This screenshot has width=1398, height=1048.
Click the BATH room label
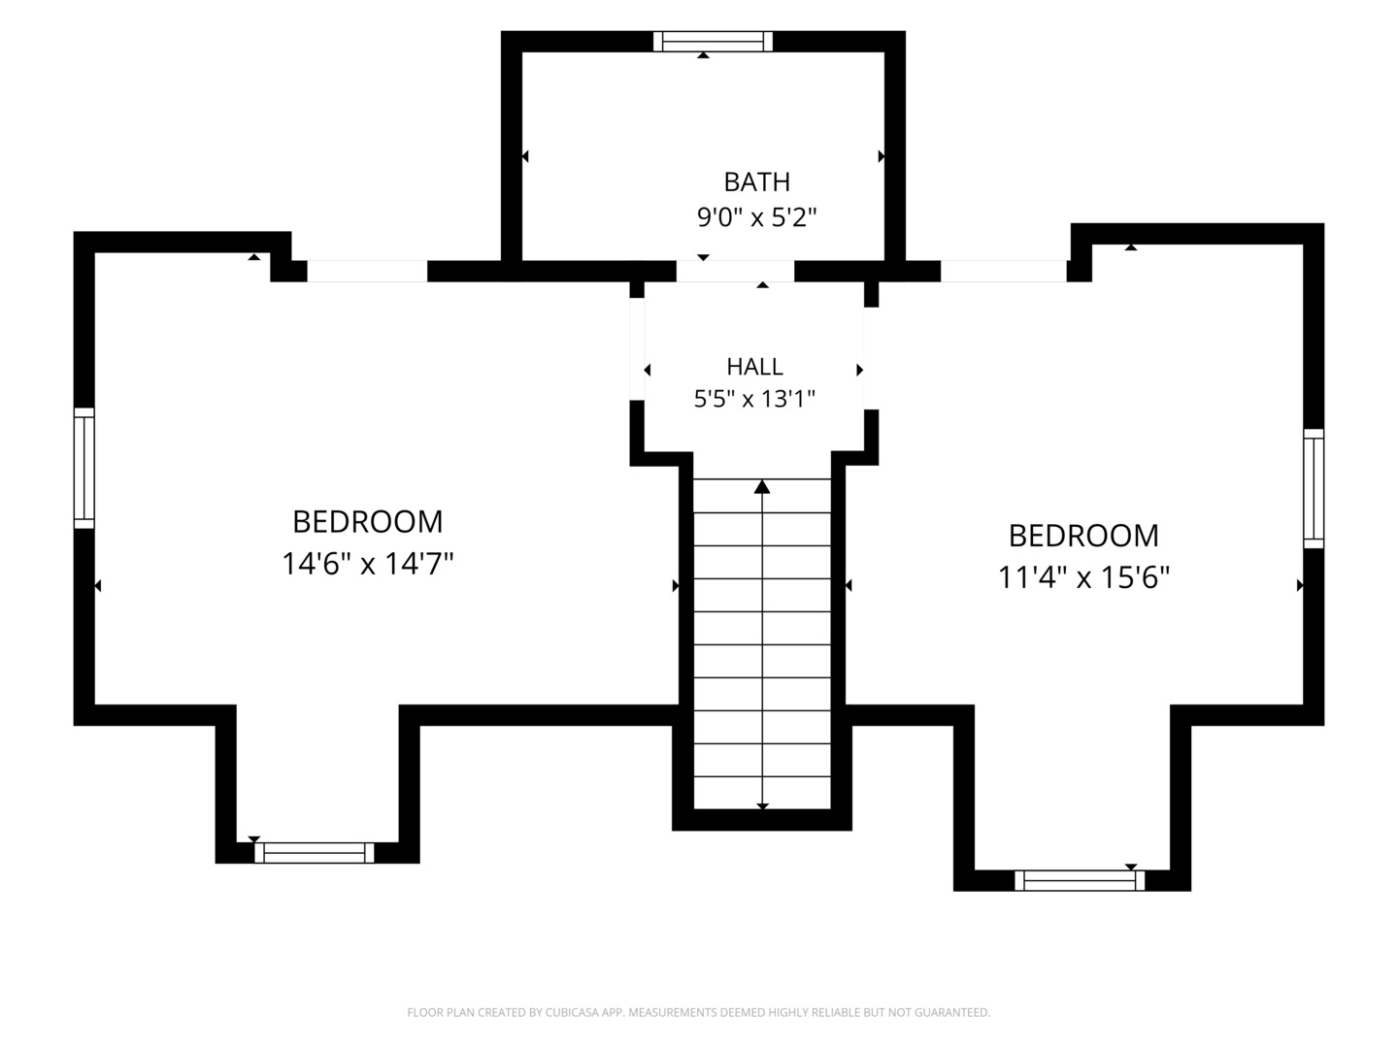click(756, 182)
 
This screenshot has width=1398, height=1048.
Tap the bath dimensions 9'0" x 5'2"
click(756, 217)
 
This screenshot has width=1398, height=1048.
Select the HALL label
click(754, 367)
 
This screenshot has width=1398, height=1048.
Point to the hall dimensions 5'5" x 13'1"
click(754, 399)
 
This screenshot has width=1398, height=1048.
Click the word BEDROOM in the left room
click(368, 522)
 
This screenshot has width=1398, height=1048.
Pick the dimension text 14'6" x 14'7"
click(368, 564)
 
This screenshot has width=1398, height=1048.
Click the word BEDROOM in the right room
click(1083, 536)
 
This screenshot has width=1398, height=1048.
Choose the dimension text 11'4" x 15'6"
click(1083, 577)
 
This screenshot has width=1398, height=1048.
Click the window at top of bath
click(713, 42)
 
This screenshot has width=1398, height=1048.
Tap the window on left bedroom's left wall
click(84, 468)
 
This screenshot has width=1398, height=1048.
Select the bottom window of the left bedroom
click(314, 853)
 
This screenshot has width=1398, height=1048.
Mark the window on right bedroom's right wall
click(1314, 488)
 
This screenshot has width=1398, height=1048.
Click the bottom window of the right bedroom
click(1080, 881)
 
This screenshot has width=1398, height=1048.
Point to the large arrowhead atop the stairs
click(762, 487)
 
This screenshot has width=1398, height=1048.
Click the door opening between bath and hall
click(735, 271)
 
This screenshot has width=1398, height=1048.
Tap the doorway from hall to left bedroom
click(637, 349)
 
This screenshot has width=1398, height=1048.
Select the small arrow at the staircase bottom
click(762, 806)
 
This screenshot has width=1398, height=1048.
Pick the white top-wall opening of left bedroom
click(368, 271)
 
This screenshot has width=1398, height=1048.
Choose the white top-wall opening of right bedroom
click(1004, 271)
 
